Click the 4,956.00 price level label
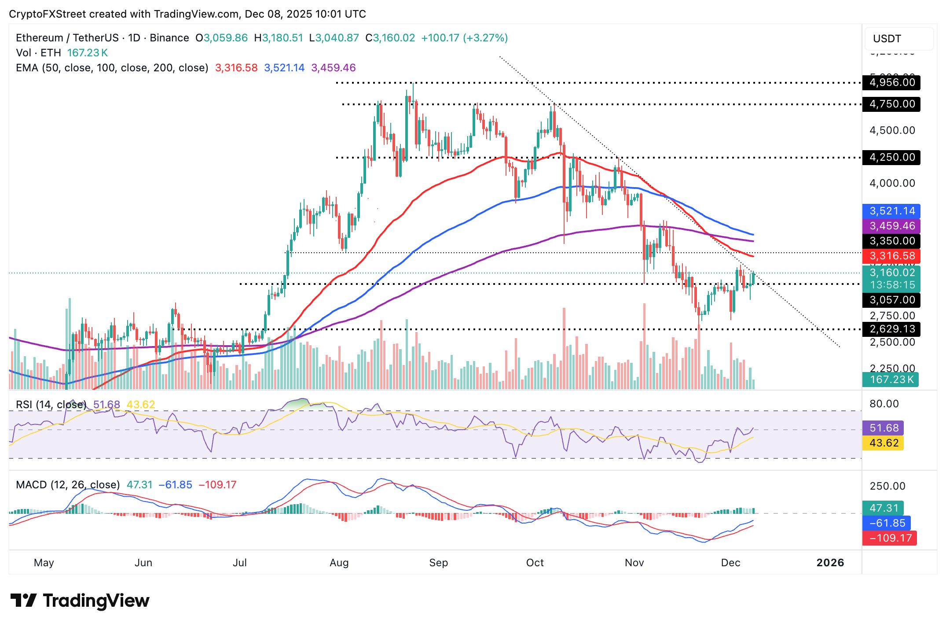click(x=891, y=82)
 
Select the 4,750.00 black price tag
click(x=891, y=104)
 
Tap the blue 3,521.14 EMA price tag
click(x=891, y=211)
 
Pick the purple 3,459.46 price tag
click(x=891, y=226)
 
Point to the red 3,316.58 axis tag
click(x=891, y=256)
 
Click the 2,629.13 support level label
click(x=891, y=329)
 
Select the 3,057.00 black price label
click(x=891, y=300)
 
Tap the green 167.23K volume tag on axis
click(x=891, y=379)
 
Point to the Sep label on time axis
click(x=438, y=563)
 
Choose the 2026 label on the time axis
click(x=830, y=563)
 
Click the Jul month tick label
click(x=240, y=563)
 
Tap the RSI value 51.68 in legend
click(x=106, y=404)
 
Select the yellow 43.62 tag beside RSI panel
click(x=884, y=443)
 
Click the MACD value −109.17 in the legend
click(x=217, y=485)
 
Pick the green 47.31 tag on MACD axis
click(x=884, y=508)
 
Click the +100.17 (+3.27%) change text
click(x=464, y=38)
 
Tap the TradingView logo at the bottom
click(x=80, y=601)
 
